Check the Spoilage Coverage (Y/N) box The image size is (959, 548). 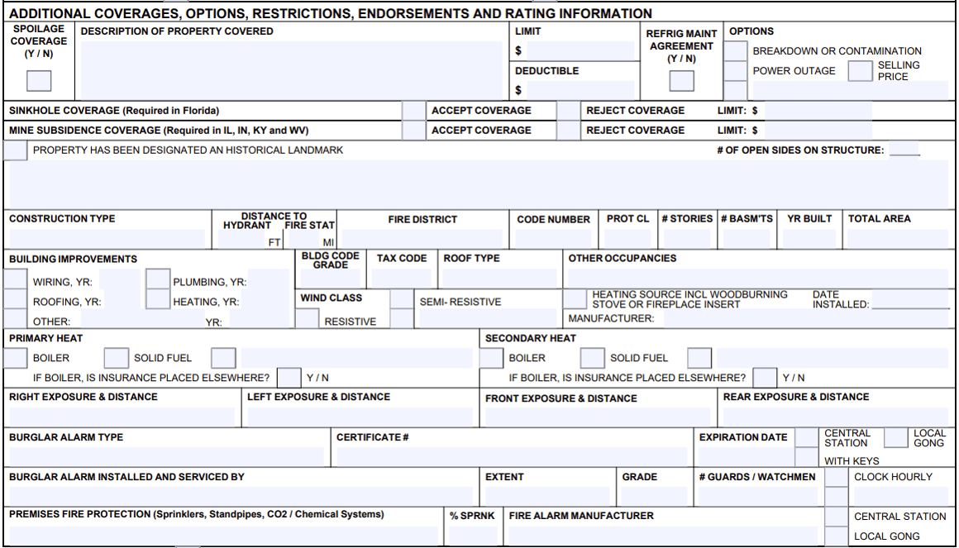[39, 81]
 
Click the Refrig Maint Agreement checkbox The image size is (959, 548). [682, 81]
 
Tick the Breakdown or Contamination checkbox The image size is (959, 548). [735, 50]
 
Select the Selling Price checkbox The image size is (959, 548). [860, 71]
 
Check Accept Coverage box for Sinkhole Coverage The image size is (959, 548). [413, 111]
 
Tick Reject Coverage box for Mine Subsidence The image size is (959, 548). [568, 131]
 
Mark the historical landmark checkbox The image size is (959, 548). [16, 150]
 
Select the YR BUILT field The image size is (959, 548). [809, 239]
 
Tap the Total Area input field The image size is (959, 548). [896, 239]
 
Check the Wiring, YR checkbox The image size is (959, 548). [16, 281]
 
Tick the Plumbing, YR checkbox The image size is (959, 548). [157, 281]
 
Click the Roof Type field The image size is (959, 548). [499, 278]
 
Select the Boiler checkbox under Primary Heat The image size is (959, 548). [16, 358]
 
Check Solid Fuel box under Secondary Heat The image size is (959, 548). [592, 358]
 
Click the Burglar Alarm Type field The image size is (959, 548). [165, 456]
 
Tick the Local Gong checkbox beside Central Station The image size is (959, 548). [895, 438]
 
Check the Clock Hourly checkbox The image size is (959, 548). [837, 478]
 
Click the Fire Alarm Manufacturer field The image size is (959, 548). [661, 535]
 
